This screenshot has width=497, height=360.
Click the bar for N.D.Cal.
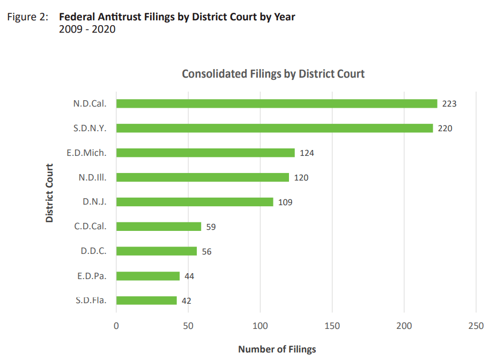[x=277, y=103]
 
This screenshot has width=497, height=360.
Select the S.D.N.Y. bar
[x=275, y=128]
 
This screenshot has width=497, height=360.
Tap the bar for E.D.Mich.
[x=205, y=153]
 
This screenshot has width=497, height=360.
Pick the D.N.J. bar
[x=195, y=202]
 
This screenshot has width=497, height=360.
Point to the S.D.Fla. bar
[x=146, y=301]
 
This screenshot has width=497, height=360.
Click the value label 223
[x=449, y=103]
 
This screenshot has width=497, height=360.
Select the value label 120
[x=301, y=177]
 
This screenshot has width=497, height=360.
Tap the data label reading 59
[x=211, y=227]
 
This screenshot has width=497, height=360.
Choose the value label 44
[x=189, y=276]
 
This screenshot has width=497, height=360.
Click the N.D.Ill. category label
[x=92, y=177]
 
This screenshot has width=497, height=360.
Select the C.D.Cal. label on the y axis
[x=90, y=226]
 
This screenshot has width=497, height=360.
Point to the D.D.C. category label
[x=93, y=251]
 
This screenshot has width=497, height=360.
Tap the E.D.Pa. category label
[x=92, y=276]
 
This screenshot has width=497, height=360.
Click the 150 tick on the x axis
[x=332, y=326]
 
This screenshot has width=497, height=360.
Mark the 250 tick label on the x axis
[x=476, y=326]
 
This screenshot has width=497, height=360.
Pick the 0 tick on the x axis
[x=116, y=326]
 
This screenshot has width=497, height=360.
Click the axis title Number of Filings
[x=277, y=349]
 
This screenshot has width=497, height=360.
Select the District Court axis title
[x=49, y=192]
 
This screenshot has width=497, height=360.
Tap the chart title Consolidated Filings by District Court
[x=273, y=73]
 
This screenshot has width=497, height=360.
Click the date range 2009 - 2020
[x=87, y=29]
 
